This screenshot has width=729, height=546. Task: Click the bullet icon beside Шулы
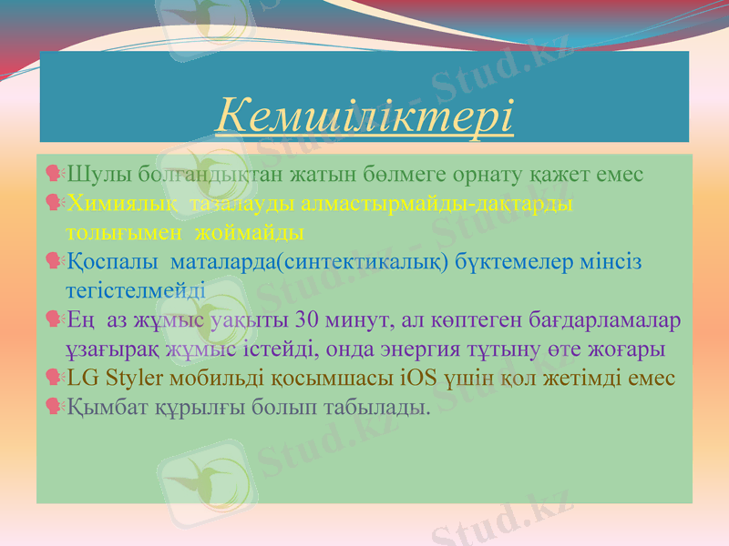click(x=53, y=173)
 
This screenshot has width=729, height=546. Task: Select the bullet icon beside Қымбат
click(x=53, y=406)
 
